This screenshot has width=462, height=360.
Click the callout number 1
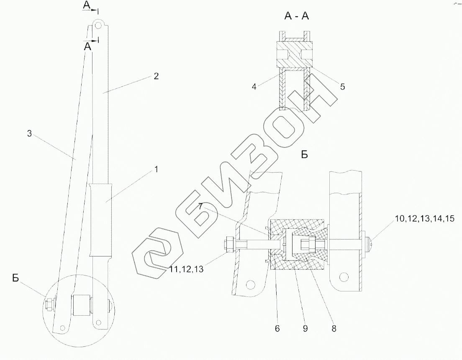157,169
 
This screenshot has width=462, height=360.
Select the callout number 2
156,76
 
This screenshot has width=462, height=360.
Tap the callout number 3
29,134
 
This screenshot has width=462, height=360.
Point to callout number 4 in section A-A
254,87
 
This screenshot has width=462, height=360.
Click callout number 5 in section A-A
342,87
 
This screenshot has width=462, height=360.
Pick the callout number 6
277,329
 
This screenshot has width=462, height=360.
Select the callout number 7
200,207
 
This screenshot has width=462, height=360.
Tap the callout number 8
334,329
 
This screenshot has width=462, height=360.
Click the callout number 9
305,329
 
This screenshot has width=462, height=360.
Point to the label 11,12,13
187,269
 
